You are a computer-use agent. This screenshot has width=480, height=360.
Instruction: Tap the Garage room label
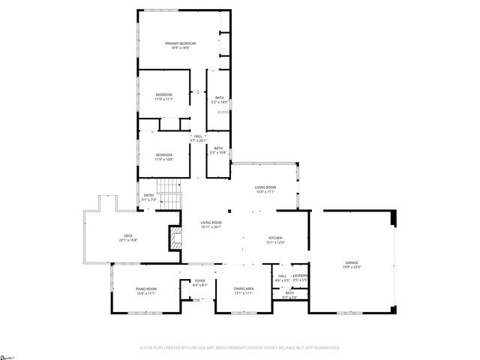click(x=352, y=265)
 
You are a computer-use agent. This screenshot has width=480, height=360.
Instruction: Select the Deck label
click(x=128, y=238)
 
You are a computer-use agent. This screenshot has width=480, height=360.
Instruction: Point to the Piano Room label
click(x=145, y=291)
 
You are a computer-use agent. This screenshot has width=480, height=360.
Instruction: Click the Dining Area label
click(x=244, y=291)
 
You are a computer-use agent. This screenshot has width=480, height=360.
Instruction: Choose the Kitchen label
click(x=277, y=241)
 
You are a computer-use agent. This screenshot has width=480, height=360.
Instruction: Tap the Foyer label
click(x=199, y=283)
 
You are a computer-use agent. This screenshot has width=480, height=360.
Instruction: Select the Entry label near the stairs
click(x=148, y=198)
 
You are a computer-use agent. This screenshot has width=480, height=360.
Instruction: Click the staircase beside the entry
click(x=172, y=196)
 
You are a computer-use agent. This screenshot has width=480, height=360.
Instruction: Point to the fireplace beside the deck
click(x=175, y=239)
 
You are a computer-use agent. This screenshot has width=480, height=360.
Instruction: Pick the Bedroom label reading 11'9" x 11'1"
click(x=163, y=97)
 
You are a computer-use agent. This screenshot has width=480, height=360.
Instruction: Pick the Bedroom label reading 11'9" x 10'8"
click(x=163, y=157)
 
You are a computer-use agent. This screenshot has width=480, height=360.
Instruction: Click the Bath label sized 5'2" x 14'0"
click(x=219, y=100)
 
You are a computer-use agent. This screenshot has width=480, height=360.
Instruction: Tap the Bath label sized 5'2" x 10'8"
click(x=218, y=150)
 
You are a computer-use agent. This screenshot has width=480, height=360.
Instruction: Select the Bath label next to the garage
click(x=289, y=295)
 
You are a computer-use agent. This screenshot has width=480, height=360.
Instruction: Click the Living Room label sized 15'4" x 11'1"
click(x=265, y=190)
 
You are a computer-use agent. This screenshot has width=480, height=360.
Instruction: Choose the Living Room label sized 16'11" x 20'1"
click(x=211, y=225)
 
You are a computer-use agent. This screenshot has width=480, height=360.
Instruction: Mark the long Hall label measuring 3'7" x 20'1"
click(x=198, y=138)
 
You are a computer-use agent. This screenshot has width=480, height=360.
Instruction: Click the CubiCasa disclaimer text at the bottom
click(x=240, y=347)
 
